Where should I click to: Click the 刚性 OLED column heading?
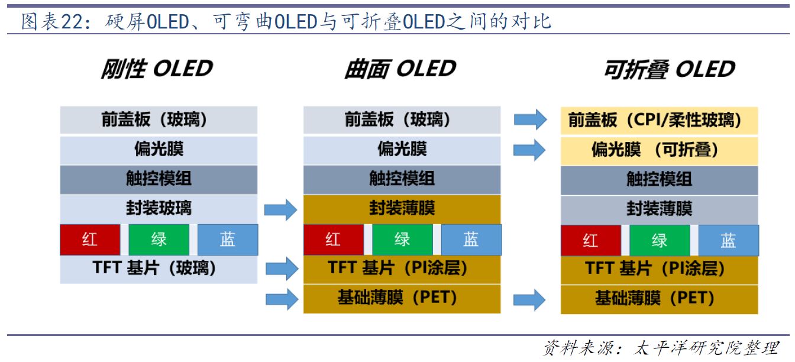coord(157,69)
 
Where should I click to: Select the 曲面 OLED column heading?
coord(400,69)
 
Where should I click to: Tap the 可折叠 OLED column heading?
coord(670,69)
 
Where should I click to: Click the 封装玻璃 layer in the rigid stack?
coord(159,209)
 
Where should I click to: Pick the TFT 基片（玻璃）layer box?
coord(159,269)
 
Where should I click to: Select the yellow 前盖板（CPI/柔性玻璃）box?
coord(659,120)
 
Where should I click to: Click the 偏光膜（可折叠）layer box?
coord(659,150)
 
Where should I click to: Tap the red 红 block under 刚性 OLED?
coord(90,240)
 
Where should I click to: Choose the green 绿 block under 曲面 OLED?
coord(402,240)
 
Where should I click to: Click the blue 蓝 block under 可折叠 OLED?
coord(729,240)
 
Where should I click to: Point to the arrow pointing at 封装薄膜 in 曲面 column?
coord(281,210)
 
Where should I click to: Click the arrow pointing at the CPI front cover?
coord(530,119)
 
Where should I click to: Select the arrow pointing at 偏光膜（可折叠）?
coord(529,150)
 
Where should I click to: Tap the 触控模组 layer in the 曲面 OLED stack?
coord(402,179)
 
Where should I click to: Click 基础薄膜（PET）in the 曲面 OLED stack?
coord(402,299)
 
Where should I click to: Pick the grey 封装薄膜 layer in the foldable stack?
coord(659,209)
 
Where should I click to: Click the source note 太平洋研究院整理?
coord(706,348)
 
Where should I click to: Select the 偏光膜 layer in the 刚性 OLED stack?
coord(159,150)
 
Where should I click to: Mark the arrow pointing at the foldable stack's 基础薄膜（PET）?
coord(529,300)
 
